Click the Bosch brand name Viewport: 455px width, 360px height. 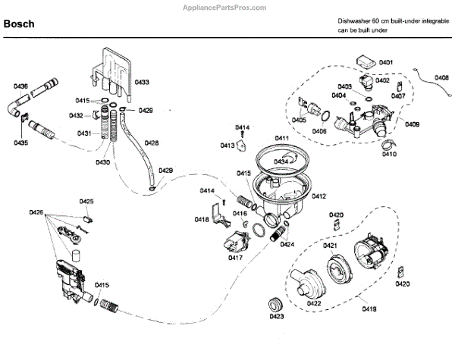(x=19, y=23)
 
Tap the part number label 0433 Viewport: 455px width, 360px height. (x=142, y=82)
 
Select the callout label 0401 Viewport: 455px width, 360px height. (x=386, y=62)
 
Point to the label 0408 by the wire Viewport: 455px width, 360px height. (x=441, y=77)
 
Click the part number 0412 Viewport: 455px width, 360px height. (x=319, y=196)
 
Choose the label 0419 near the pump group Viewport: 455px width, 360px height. (x=369, y=309)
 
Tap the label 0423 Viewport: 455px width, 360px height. (x=277, y=316)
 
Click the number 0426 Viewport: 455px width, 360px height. (x=36, y=213)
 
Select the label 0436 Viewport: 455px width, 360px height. (x=20, y=86)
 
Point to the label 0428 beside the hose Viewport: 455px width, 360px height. (x=152, y=143)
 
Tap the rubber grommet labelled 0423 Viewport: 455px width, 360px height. (x=276, y=305)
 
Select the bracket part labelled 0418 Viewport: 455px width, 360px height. (x=221, y=214)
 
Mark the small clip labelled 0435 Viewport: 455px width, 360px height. (x=24, y=118)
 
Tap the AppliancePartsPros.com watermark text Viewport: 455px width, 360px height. (x=224, y=8)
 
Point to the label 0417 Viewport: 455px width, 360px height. (x=235, y=258)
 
